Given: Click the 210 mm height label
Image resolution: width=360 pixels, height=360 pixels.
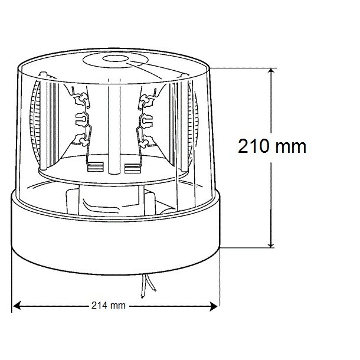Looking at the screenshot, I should (272, 146).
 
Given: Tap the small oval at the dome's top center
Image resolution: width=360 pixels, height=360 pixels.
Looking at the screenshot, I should (113, 60).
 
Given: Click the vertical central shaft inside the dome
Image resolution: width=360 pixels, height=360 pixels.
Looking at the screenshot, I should (114, 124).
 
